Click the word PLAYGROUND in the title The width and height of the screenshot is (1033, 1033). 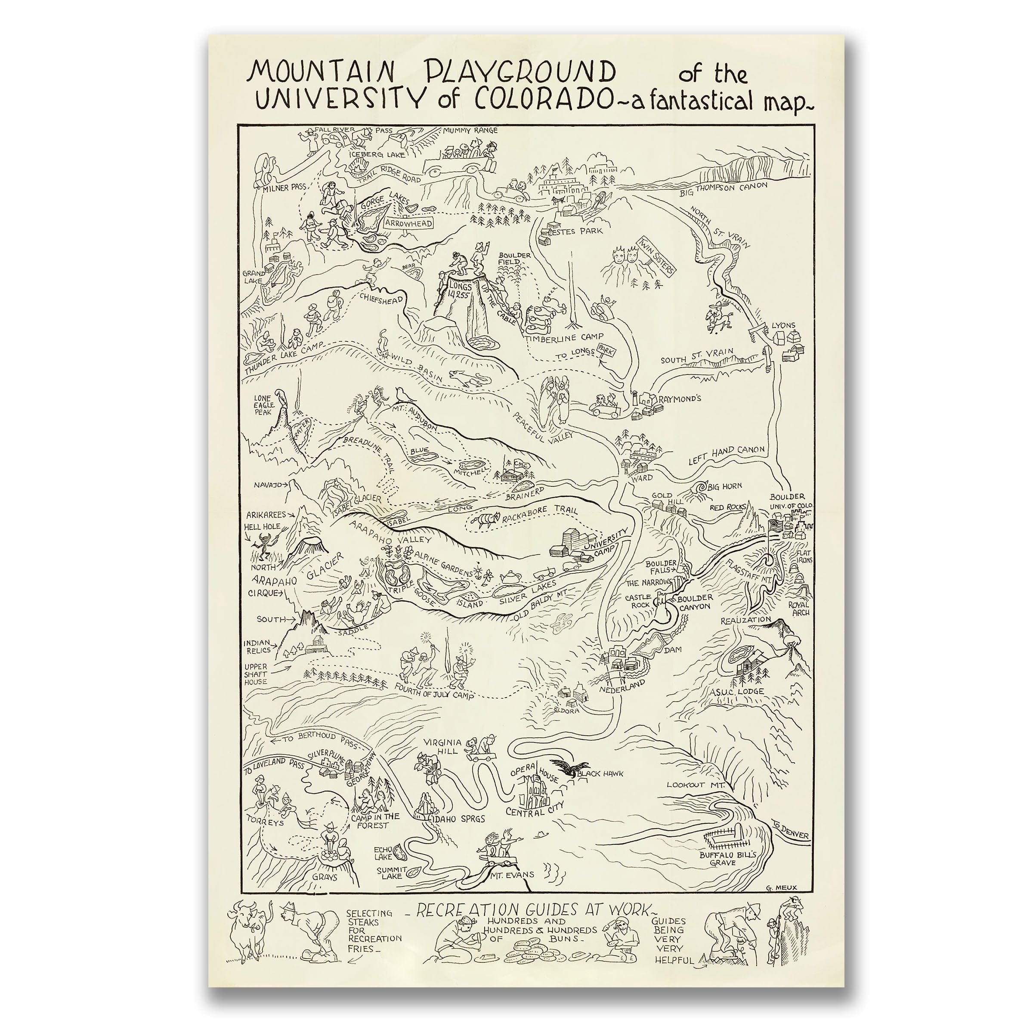tap(519, 71)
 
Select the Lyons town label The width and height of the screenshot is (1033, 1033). tap(783, 325)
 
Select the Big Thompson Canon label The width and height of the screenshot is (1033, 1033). tap(723, 188)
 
